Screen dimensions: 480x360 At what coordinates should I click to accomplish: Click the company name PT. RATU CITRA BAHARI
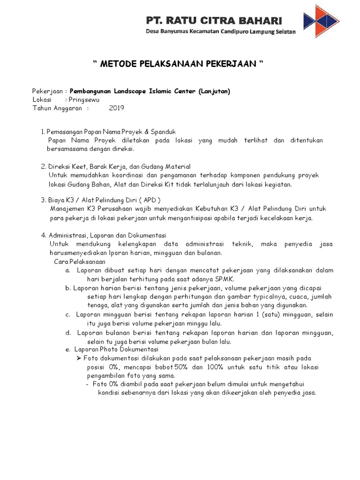click(214, 21)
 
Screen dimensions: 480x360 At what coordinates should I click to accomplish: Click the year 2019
click(116, 108)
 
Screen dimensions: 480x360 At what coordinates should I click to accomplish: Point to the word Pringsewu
click(84, 99)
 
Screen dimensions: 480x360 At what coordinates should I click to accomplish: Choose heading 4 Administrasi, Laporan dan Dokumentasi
click(107, 235)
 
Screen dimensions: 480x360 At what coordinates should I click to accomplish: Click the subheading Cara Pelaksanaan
click(80, 262)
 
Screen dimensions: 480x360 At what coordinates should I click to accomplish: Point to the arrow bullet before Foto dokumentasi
click(79, 358)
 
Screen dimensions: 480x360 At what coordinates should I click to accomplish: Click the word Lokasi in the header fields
click(42, 99)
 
